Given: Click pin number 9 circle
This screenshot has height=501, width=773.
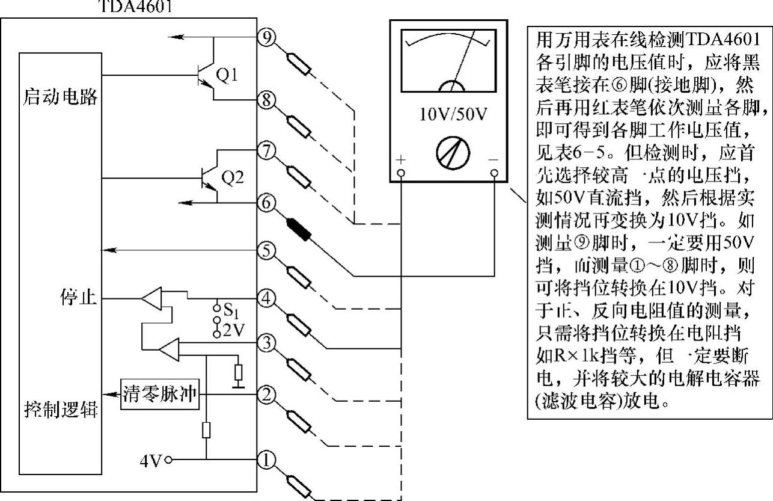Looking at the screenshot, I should tap(266, 37).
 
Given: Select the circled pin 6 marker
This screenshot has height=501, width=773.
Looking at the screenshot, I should tap(266, 203).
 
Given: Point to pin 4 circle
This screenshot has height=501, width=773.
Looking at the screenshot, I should tap(266, 297).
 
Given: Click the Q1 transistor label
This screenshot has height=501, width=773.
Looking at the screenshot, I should tap(227, 75).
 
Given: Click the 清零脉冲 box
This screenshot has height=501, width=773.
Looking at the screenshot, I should tap(160, 394).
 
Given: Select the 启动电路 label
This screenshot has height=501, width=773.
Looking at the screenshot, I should tap(60, 97).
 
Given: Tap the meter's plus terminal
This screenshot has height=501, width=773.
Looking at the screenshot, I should tap(401, 173).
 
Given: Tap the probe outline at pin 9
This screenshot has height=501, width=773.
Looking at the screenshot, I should tap(298, 63).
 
